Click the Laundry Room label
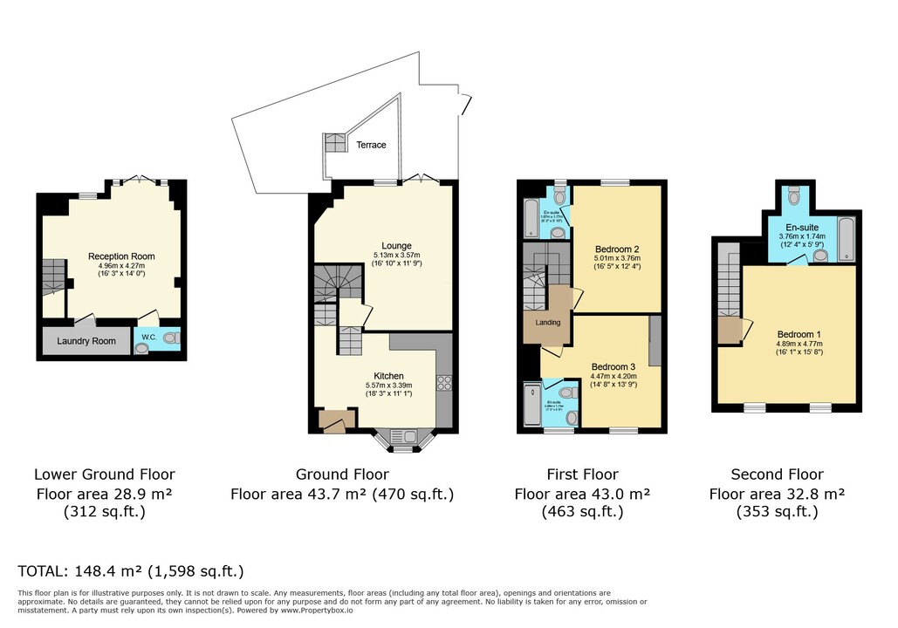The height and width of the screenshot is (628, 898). (x=86, y=341)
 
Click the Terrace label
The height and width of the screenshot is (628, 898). (x=370, y=145)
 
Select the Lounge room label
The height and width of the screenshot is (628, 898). (x=395, y=246)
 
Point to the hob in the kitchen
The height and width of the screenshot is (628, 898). (x=442, y=384)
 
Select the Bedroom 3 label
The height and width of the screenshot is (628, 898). (x=614, y=366)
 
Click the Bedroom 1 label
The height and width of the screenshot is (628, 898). (x=799, y=333)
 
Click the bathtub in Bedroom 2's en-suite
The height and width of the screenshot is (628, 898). (x=531, y=218)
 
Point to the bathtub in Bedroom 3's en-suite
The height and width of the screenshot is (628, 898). (x=531, y=406)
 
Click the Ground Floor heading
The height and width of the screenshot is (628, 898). (x=342, y=474)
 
